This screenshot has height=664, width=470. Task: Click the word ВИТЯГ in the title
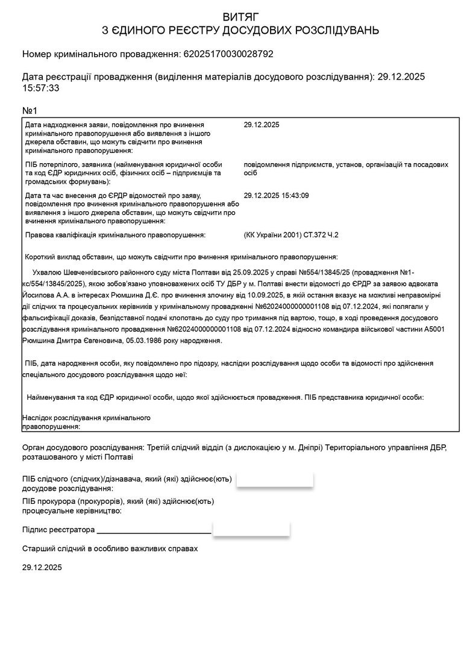pos(234,16)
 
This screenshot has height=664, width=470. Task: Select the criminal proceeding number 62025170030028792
pos(227,54)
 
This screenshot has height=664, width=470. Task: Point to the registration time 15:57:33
pos(40,88)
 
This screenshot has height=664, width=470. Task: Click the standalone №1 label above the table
pos(30,111)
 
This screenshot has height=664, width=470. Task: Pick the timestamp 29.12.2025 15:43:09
pos(276,196)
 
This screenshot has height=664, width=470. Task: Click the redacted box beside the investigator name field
pos(275,480)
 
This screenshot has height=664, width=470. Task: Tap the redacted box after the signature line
pos(251,530)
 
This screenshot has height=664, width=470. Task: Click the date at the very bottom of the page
pos(42,568)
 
